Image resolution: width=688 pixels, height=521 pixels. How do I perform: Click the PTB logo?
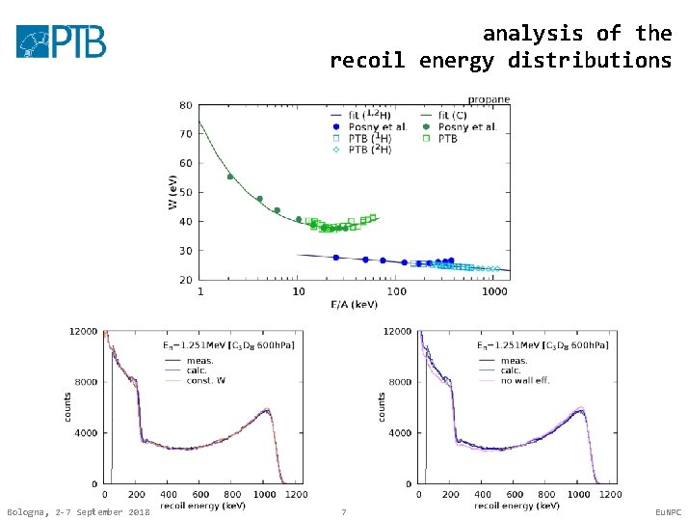pyautogui.click(x=61, y=41)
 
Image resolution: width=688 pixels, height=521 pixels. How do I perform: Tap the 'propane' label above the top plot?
pyautogui.click(x=489, y=98)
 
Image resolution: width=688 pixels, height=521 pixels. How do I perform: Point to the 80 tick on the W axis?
pyautogui.click(x=185, y=105)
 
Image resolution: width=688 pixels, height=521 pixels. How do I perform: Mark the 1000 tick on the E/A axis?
pyautogui.click(x=494, y=289)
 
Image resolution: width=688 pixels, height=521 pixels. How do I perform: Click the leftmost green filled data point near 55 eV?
pyautogui.click(x=230, y=177)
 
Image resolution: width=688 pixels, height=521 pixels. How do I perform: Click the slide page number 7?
pyautogui.click(x=344, y=511)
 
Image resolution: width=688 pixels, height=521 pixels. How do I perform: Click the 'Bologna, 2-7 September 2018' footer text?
pyautogui.click(x=78, y=511)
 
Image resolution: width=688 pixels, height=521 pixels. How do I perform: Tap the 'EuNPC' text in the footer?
pyautogui.click(x=667, y=511)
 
